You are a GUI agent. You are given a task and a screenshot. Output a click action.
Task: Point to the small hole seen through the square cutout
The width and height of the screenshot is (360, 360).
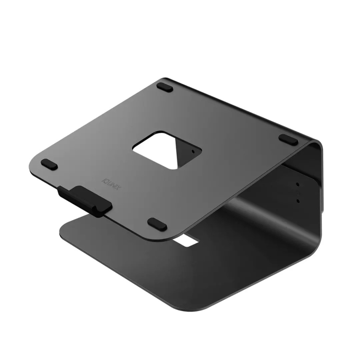pyautogui.click(x=192, y=151)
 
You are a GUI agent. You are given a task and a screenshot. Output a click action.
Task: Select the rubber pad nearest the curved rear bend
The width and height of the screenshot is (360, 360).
pyautogui.click(x=288, y=139)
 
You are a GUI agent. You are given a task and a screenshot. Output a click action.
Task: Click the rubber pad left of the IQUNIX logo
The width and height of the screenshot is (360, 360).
pyautogui.click(x=48, y=165)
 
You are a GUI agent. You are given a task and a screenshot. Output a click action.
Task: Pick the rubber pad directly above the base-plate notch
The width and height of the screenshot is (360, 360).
pyautogui.click(x=157, y=223)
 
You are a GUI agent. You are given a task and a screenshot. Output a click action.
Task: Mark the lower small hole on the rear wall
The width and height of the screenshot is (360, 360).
pyautogui.click(x=298, y=200)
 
